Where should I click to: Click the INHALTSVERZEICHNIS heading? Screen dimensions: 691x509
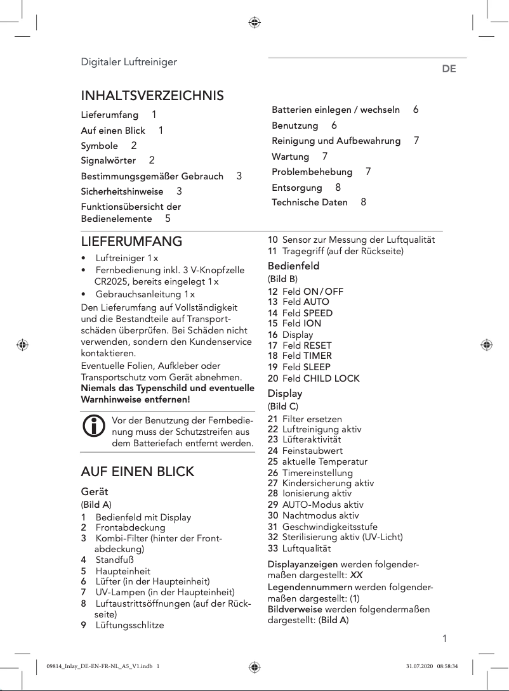pos(152,96)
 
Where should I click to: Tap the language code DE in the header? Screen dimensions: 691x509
pos(449,68)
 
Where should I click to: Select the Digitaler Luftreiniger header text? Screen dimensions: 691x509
pos(128,61)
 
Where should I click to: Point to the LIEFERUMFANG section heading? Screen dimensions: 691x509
pos(131,242)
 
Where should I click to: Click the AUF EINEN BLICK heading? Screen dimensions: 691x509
pos(137,472)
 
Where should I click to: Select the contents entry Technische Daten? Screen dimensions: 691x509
pos(310,202)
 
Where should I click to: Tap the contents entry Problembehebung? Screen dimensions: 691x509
pos(312,172)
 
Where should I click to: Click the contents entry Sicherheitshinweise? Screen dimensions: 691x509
pos(122,191)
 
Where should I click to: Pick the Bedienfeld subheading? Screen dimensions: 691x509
pos(293,266)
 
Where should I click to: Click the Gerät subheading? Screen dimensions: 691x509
pos(95,491)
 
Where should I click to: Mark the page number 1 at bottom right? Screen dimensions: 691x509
pos(444,638)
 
